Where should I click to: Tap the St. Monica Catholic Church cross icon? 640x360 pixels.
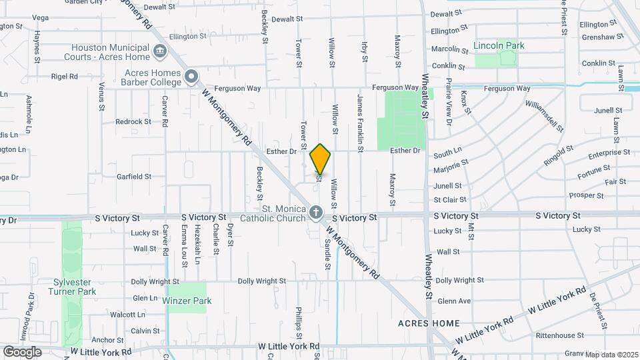316,213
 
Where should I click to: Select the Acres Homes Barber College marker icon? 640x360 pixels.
191,77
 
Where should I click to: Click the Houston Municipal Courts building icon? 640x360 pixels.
159,51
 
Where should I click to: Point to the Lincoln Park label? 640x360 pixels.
499,45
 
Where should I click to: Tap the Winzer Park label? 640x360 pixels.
187,301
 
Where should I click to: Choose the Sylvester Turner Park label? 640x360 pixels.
75,287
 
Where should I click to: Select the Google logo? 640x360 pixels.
22,351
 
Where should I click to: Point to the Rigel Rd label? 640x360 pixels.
65,77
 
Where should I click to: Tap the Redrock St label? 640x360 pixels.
133,122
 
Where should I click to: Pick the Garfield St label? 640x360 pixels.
134,177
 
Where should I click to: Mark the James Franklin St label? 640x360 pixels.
360,120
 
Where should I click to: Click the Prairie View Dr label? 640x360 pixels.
449,107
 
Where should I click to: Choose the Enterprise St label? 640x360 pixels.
609,154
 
